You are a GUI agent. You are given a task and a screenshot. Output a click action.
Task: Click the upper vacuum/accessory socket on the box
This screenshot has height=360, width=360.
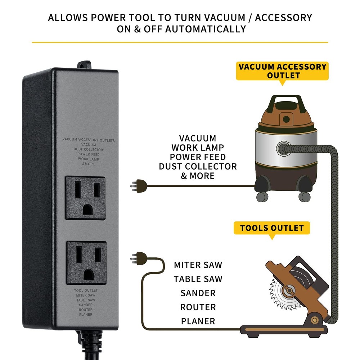[x=85, y=198]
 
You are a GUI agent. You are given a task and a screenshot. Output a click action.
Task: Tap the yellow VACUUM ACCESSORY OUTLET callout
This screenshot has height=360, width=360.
[x=283, y=71]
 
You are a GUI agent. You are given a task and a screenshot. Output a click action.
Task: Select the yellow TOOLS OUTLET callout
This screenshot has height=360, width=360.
[x=272, y=228]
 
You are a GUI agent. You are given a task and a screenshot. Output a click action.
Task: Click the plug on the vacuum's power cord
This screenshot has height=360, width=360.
[x=139, y=186]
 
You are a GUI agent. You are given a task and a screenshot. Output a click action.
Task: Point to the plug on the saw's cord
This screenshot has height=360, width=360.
[x=139, y=257]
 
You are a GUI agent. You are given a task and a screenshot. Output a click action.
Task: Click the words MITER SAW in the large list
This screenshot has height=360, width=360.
[x=198, y=265]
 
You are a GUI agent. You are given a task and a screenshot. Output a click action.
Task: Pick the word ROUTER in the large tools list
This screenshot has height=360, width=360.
[x=198, y=307]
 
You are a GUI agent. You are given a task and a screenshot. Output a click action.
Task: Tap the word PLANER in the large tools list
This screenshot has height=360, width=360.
[x=198, y=321]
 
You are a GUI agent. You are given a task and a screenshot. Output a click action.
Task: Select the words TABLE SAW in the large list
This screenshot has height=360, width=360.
[x=198, y=279]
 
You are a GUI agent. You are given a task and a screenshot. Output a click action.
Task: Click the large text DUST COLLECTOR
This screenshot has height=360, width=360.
[x=198, y=166]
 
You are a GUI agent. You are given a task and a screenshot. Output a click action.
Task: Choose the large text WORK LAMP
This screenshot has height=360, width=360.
[x=198, y=148]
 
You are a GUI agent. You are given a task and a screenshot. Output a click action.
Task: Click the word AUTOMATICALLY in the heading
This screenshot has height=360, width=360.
[x=205, y=29]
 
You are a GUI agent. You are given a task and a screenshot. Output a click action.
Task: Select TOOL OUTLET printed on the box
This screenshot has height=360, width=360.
[x=86, y=290]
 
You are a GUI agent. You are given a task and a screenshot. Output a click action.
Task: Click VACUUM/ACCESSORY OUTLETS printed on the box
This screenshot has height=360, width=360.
[x=89, y=140]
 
